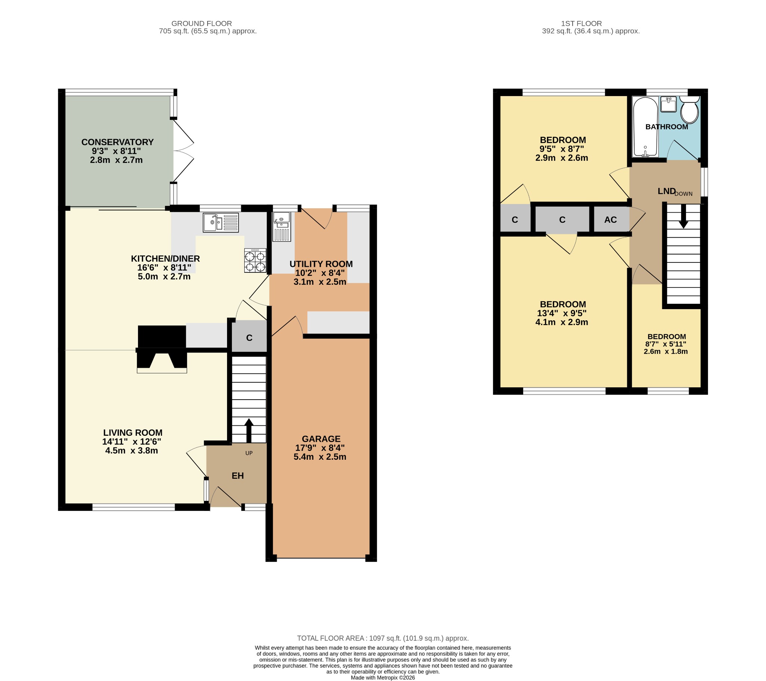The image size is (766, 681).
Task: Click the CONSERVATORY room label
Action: pos(117,142)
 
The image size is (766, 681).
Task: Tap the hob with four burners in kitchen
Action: pos(255,261)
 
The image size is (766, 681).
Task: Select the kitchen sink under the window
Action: pos(220,223)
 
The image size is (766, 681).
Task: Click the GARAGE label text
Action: pos(321,439)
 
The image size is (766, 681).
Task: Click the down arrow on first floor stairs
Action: pos(683,217)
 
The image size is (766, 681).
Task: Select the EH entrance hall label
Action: pos(238,476)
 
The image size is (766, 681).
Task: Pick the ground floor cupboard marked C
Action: pos(249,338)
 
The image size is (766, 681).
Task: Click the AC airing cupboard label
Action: pos(610,220)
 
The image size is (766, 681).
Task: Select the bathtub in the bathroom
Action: pos(645,127)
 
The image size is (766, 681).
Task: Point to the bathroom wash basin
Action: pos(668,104)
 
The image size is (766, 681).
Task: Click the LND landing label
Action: pos(666,191)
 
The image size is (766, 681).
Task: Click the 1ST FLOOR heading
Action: pos(581,24)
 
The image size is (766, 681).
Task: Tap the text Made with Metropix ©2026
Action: pos(383,677)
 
